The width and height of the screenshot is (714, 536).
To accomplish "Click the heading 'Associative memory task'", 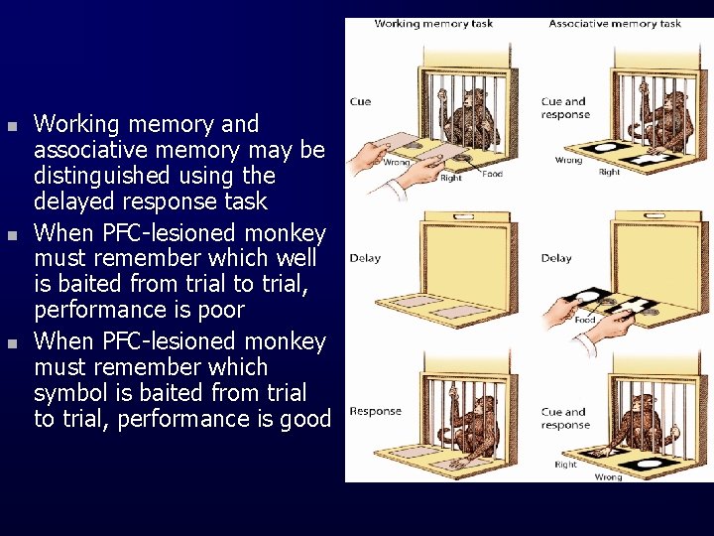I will click(x=614, y=24).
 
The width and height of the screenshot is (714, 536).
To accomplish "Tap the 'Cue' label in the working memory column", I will click(x=361, y=101).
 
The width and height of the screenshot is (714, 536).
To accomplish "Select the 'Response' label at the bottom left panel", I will click(x=376, y=411).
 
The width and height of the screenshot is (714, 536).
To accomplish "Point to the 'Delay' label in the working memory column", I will click(x=365, y=258).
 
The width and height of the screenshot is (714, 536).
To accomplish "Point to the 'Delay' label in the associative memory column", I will click(x=556, y=258).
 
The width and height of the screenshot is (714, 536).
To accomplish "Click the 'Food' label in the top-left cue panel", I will click(x=492, y=174).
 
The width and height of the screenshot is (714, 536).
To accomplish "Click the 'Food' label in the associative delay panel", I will click(x=585, y=320).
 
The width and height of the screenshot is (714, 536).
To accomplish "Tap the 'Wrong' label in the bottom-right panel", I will click(x=608, y=476).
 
